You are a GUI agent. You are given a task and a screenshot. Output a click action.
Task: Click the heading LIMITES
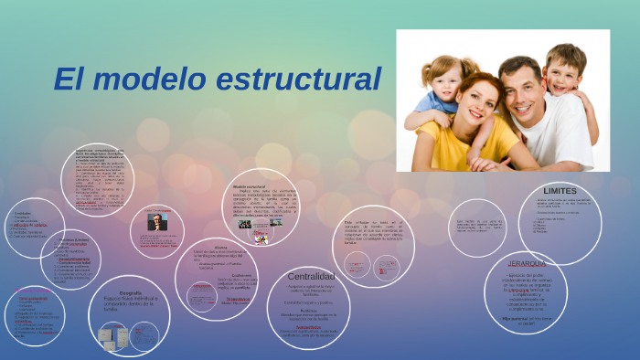point(560,191)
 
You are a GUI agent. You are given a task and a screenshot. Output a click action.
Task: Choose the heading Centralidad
point(311,276)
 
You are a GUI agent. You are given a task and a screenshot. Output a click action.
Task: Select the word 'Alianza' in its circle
point(219,247)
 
